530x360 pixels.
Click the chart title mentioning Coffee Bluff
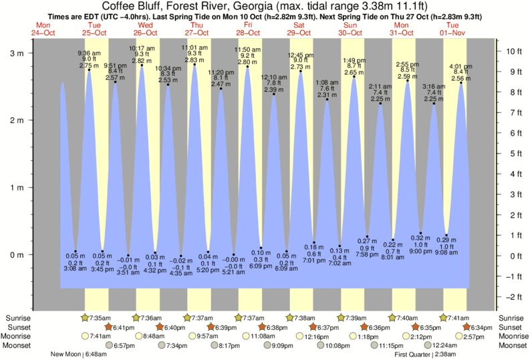(265, 6)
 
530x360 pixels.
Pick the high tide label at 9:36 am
(89, 53)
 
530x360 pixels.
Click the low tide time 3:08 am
(76, 268)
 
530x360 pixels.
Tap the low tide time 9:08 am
(447, 252)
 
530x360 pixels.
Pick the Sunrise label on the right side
(512, 317)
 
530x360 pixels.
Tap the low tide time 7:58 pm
(368, 254)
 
